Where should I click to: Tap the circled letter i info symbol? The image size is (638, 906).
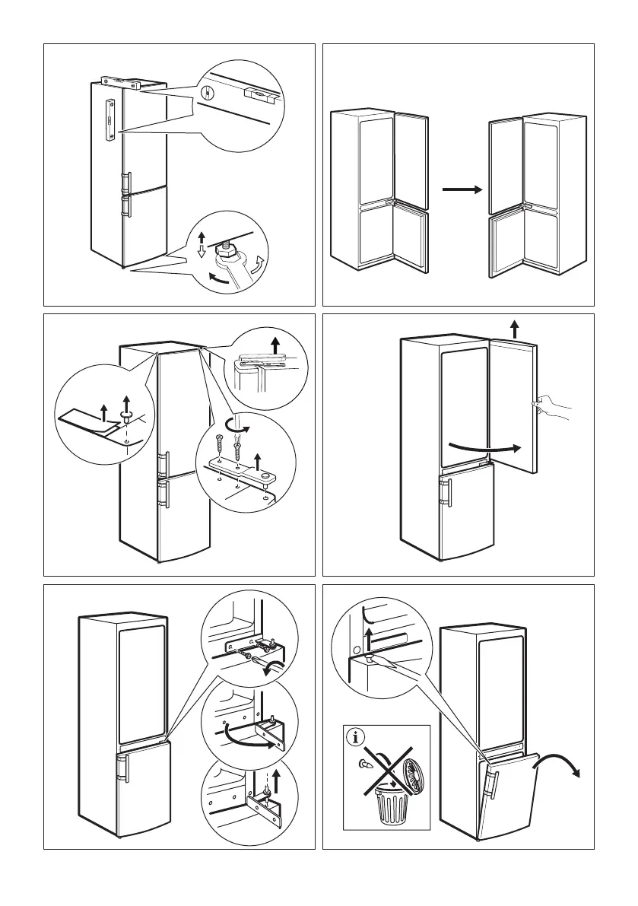click(x=354, y=737)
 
